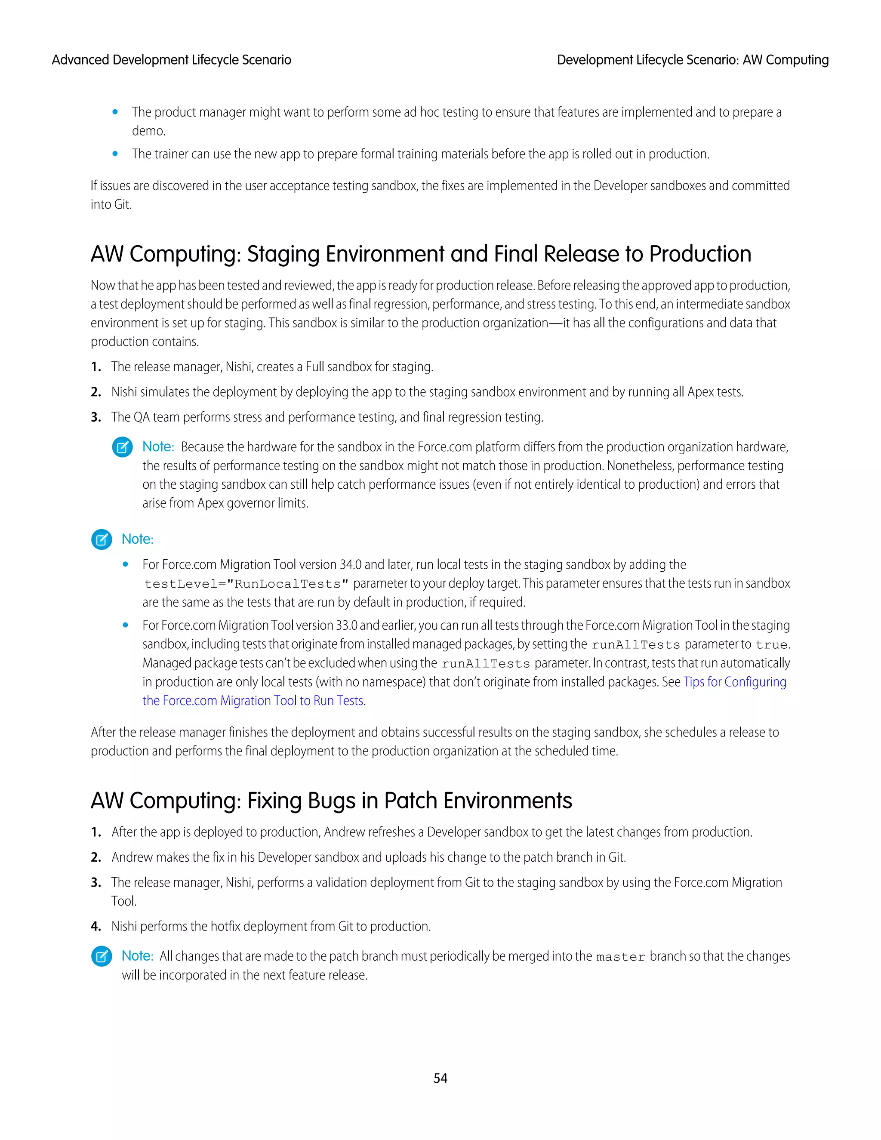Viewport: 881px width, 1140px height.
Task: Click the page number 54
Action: [440, 1078]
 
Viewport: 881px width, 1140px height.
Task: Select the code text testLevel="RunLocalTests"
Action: [246, 584]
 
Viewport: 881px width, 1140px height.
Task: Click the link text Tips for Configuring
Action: [734, 682]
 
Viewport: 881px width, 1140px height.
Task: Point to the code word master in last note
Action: [621, 957]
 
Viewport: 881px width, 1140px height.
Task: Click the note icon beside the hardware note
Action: [122, 447]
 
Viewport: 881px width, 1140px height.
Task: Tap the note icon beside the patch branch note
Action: [102, 956]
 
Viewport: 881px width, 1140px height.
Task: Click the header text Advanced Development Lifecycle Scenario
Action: [171, 60]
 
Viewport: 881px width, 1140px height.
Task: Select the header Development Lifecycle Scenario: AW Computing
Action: [693, 60]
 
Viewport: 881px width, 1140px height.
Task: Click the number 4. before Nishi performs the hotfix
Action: [95, 927]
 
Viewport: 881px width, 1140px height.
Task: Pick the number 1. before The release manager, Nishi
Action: [95, 367]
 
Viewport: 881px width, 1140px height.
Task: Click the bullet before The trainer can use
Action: [115, 154]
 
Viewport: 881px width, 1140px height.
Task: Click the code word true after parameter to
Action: [771, 645]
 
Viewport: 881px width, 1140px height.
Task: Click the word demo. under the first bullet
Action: [149, 131]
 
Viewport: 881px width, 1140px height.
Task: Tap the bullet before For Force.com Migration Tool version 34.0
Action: [125, 564]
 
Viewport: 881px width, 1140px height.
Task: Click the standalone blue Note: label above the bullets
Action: [137, 539]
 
